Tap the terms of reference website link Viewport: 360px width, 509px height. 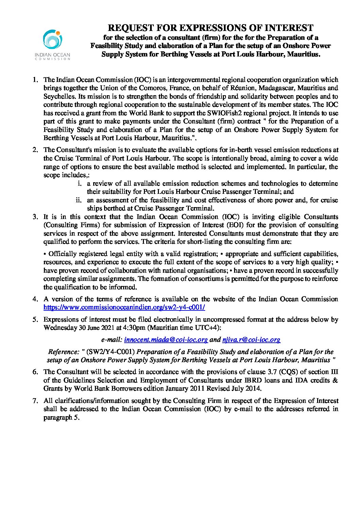[x=124, y=307]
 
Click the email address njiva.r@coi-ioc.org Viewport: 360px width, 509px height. [x=251, y=340]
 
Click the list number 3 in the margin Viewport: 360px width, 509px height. [x=35, y=217]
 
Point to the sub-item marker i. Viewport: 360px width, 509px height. [x=79, y=183]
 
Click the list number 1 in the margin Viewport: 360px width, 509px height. [x=35, y=80]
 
